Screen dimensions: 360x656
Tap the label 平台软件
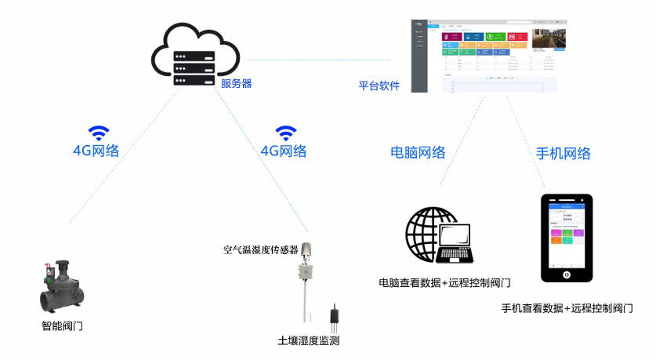click(379, 85)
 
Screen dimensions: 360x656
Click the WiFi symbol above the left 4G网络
click(99, 132)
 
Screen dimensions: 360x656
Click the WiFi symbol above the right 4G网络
click(286, 132)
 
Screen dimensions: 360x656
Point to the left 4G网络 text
click(96, 151)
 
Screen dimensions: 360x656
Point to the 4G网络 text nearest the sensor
click(283, 151)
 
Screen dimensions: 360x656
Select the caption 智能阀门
click(62, 325)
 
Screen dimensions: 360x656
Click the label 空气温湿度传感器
click(260, 250)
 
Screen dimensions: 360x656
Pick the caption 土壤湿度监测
click(308, 341)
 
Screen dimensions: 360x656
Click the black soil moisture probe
click(335, 315)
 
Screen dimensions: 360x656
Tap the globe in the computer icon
click(427, 233)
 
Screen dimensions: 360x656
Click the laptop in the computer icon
click(455, 244)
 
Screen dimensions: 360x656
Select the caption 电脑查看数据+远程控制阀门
click(444, 282)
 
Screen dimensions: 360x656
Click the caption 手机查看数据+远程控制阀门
click(567, 308)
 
